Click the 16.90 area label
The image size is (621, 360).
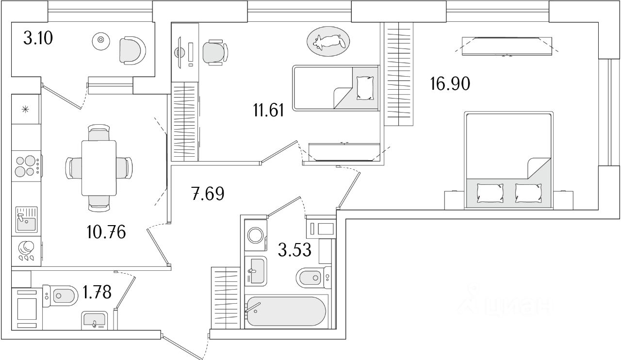pos(450,84)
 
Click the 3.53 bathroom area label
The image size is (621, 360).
pos(294,250)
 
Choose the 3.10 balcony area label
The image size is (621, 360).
pos(38,38)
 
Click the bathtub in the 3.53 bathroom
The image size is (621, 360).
pos(285,311)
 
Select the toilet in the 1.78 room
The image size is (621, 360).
pos(63,295)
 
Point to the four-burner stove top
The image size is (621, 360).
pos(27,165)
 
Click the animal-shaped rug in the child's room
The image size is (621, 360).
pos(327,42)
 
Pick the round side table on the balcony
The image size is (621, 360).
pos(100,40)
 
